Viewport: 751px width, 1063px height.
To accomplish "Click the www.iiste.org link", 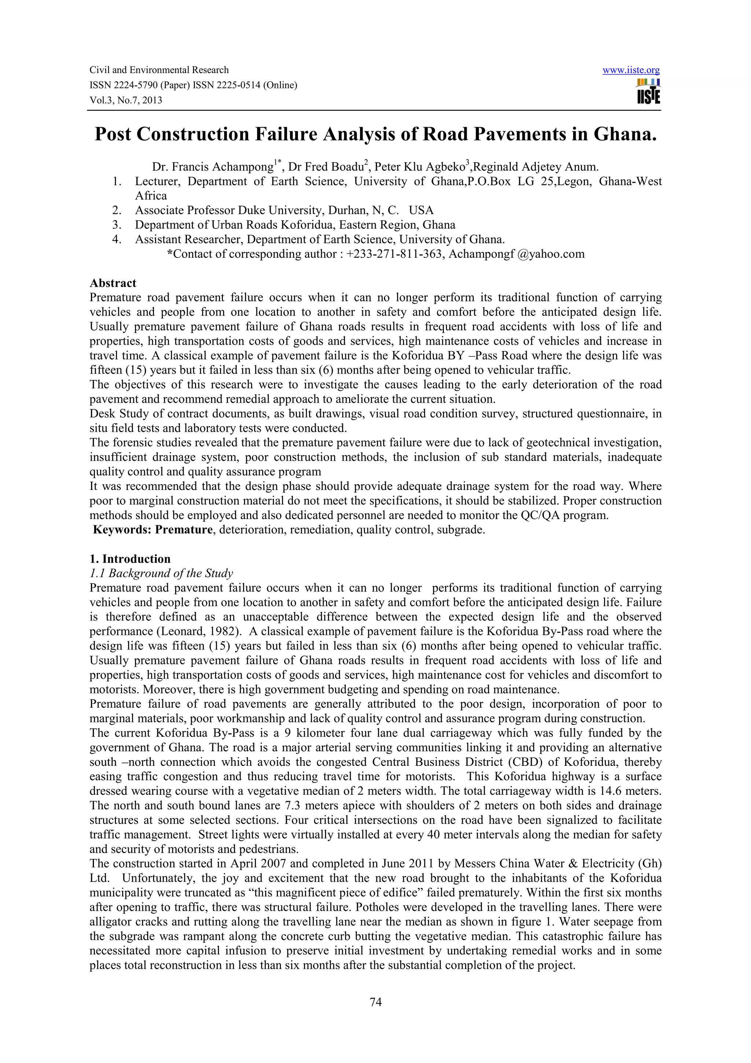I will coord(631,70).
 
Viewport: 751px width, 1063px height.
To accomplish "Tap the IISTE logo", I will coord(648,92).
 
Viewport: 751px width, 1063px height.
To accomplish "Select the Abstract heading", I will coord(113,283).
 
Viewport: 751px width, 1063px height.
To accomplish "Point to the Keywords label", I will coord(122,530).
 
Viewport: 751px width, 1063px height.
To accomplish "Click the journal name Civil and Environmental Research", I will coord(159,70).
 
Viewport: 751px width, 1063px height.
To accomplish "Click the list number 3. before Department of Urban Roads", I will coord(117,225).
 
